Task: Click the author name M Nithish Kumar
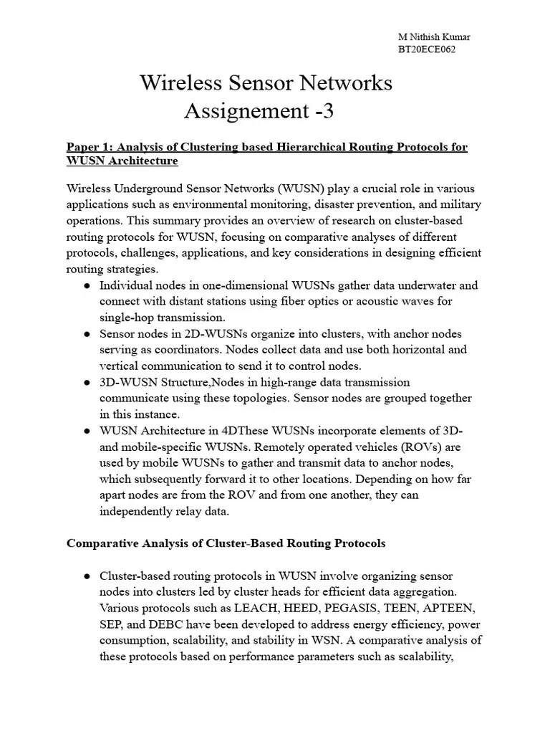434,37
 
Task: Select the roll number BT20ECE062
427,49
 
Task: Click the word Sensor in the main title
267,83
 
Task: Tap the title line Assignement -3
259,111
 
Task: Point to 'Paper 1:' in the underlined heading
88,147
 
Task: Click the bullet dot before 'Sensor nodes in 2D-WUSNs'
87,334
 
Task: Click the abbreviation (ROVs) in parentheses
442,447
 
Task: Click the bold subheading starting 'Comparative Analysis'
226,543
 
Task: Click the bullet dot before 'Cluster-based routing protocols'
87,576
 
